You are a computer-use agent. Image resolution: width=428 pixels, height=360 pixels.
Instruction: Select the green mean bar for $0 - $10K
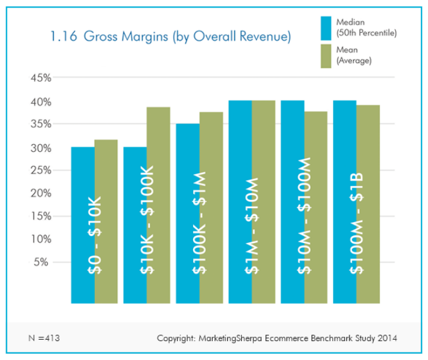[x=106, y=221]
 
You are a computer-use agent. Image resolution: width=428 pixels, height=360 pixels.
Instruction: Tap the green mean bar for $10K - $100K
[x=158, y=202]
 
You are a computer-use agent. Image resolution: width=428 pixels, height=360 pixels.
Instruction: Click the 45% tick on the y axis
[x=40, y=78]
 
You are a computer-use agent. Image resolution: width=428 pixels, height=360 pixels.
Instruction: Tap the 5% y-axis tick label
[x=42, y=261]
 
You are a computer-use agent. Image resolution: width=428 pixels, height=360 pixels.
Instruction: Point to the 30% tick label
[x=40, y=147]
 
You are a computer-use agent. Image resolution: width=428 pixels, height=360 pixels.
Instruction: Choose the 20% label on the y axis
[x=40, y=193]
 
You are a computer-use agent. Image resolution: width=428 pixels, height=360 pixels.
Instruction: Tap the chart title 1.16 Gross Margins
[x=171, y=37]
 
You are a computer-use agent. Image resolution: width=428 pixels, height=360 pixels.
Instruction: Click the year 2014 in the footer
[x=386, y=338]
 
